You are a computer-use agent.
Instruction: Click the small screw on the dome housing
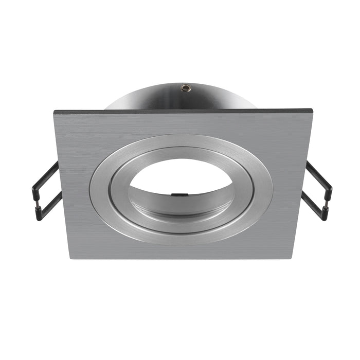[183, 88]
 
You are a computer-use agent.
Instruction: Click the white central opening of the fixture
[180, 177]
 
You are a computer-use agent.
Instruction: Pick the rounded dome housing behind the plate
[154, 98]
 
